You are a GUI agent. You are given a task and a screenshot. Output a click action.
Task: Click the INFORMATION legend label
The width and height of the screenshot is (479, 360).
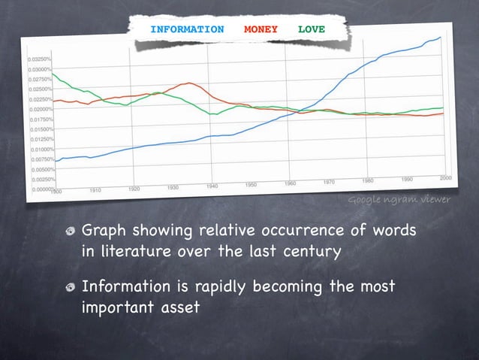[187, 29]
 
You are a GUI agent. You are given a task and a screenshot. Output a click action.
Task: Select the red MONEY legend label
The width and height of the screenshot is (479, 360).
[261, 29]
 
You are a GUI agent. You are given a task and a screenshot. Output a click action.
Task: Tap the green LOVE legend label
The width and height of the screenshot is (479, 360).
[312, 29]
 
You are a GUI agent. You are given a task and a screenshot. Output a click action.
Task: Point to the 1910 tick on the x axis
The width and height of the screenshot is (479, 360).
[95, 191]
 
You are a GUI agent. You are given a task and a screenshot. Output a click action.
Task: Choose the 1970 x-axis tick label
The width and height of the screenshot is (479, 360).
[329, 182]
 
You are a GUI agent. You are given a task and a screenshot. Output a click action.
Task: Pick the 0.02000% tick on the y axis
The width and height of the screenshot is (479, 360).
[41, 109]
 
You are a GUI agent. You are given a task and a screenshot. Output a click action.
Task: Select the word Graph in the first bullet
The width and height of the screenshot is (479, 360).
[103, 230]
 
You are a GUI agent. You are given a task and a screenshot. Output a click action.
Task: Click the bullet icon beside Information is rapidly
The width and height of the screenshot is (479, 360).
[71, 288]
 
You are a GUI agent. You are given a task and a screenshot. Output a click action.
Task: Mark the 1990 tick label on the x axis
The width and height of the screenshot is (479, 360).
[407, 178]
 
